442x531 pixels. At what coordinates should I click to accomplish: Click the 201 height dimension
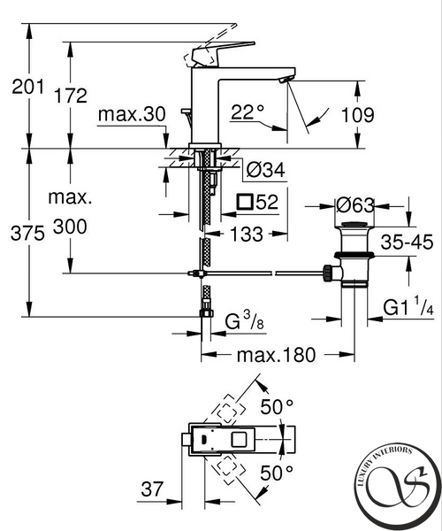pos(27,87)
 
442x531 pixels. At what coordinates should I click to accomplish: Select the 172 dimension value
pos(71,96)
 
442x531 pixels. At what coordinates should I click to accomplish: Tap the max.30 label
pos(132,114)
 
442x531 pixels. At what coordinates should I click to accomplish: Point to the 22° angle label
pos(248,112)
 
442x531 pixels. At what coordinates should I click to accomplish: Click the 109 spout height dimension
pos(358,115)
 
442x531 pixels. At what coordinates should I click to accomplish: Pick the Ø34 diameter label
pos(265,169)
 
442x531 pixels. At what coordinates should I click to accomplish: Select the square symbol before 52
pos(245,202)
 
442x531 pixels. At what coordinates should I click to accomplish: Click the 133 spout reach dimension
pos(247,234)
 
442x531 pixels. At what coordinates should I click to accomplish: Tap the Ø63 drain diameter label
pos(355,205)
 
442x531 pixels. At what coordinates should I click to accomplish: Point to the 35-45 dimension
pos(407,242)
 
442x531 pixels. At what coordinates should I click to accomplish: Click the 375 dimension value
pos(27,234)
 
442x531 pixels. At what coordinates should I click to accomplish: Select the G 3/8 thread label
pos(244,320)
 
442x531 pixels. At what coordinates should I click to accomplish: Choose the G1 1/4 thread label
pos(408,307)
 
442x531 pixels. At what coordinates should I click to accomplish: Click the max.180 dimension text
pos(276,355)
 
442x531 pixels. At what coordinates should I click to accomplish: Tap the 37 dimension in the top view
pos(152,489)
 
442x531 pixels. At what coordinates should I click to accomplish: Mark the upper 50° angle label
pos(277,407)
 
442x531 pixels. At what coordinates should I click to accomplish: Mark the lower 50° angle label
pos(277,473)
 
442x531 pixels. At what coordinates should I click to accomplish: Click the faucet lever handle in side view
pos(222,50)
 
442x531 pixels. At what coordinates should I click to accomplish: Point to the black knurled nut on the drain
pos(328,273)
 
